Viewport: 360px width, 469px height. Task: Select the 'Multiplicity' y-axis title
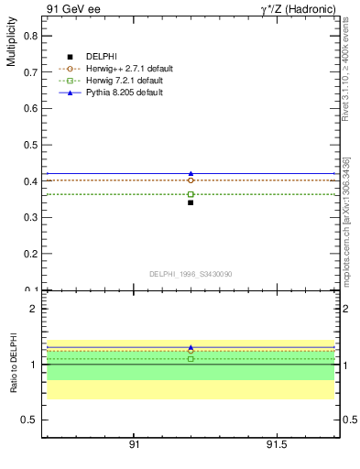tap(11, 45)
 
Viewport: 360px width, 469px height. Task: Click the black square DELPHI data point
tap(191, 202)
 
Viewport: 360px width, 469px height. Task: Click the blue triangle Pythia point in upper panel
tap(191, 173)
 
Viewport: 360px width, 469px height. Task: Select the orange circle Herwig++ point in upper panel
tap(191, 180)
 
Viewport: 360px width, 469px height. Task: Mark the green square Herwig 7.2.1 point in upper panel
tap(191, 194)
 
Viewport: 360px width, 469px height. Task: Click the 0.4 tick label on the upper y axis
tap(30, 181)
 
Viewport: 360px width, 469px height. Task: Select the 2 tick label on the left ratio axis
tap(31, 309)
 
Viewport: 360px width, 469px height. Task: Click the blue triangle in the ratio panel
tap(191, 347)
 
